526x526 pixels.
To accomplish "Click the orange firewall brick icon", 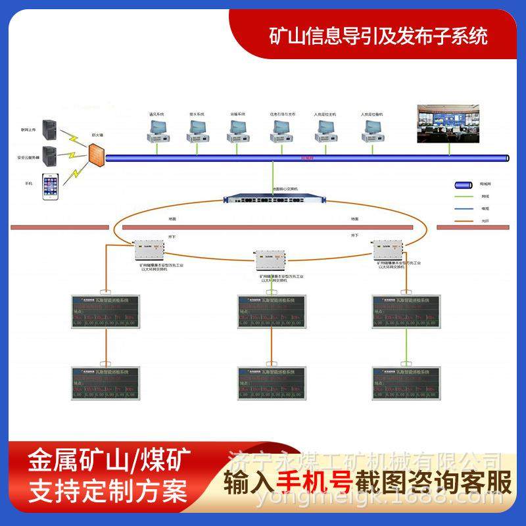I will point(97,155).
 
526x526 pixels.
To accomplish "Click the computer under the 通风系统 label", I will point(156,131).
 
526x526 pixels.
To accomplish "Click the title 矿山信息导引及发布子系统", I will point(379,36).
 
